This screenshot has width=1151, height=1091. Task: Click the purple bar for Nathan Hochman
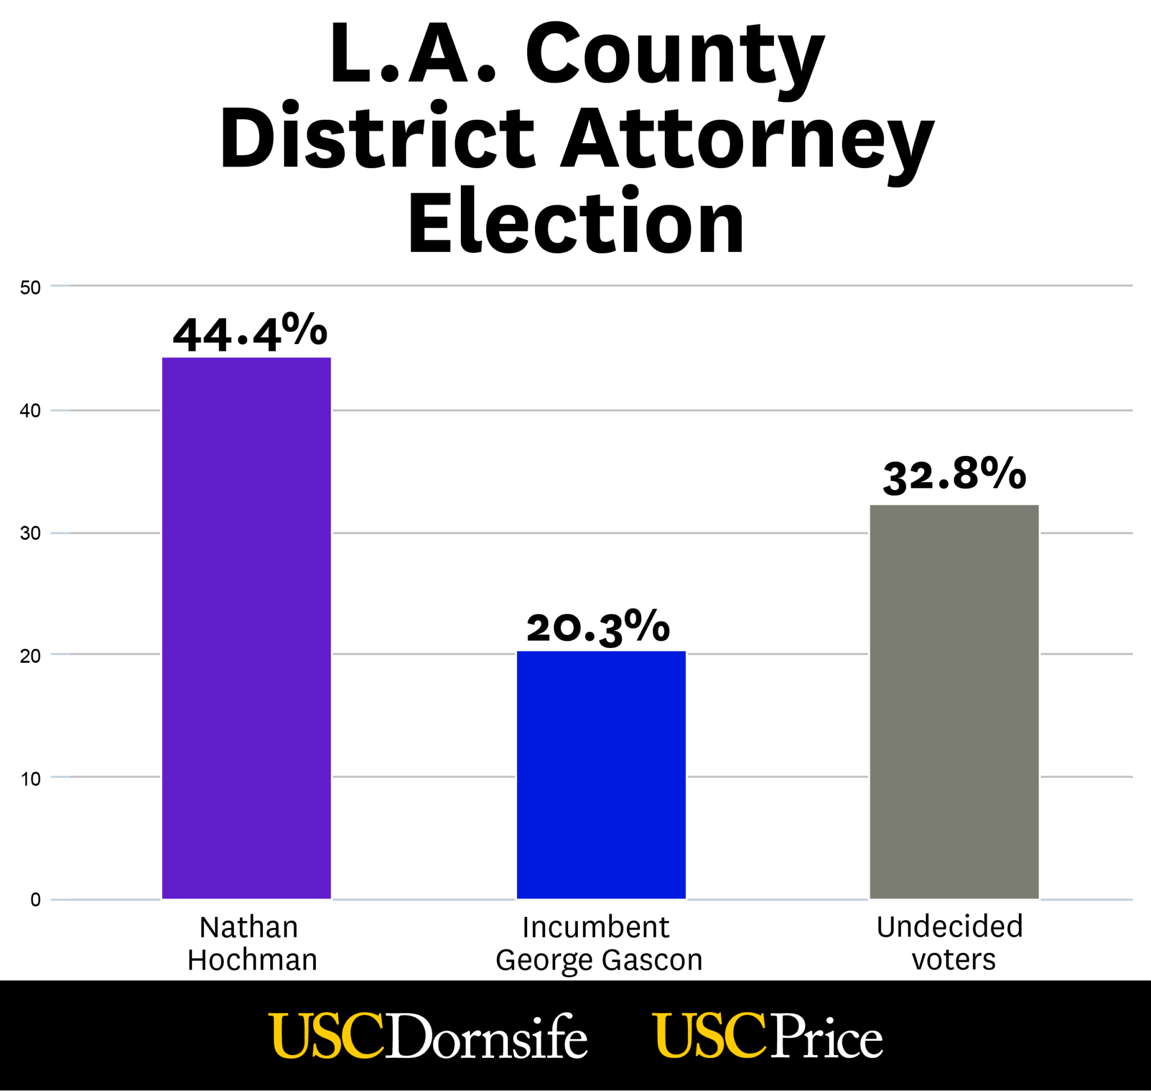246,628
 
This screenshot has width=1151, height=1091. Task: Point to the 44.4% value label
250,333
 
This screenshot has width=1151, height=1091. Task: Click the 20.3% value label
598,627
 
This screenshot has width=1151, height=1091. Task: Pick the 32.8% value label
954,474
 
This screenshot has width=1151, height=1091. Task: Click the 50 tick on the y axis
30,287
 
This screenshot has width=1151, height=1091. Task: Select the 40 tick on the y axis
30,411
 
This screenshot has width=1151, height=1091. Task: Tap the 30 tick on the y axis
30,533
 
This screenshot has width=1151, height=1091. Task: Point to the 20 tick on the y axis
30,656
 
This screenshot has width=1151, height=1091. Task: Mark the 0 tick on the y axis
35,900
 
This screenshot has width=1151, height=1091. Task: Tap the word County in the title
674,55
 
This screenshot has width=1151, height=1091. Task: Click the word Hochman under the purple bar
252,960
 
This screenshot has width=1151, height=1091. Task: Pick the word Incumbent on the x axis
596,927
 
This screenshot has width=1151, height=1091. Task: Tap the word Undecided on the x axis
949,927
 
